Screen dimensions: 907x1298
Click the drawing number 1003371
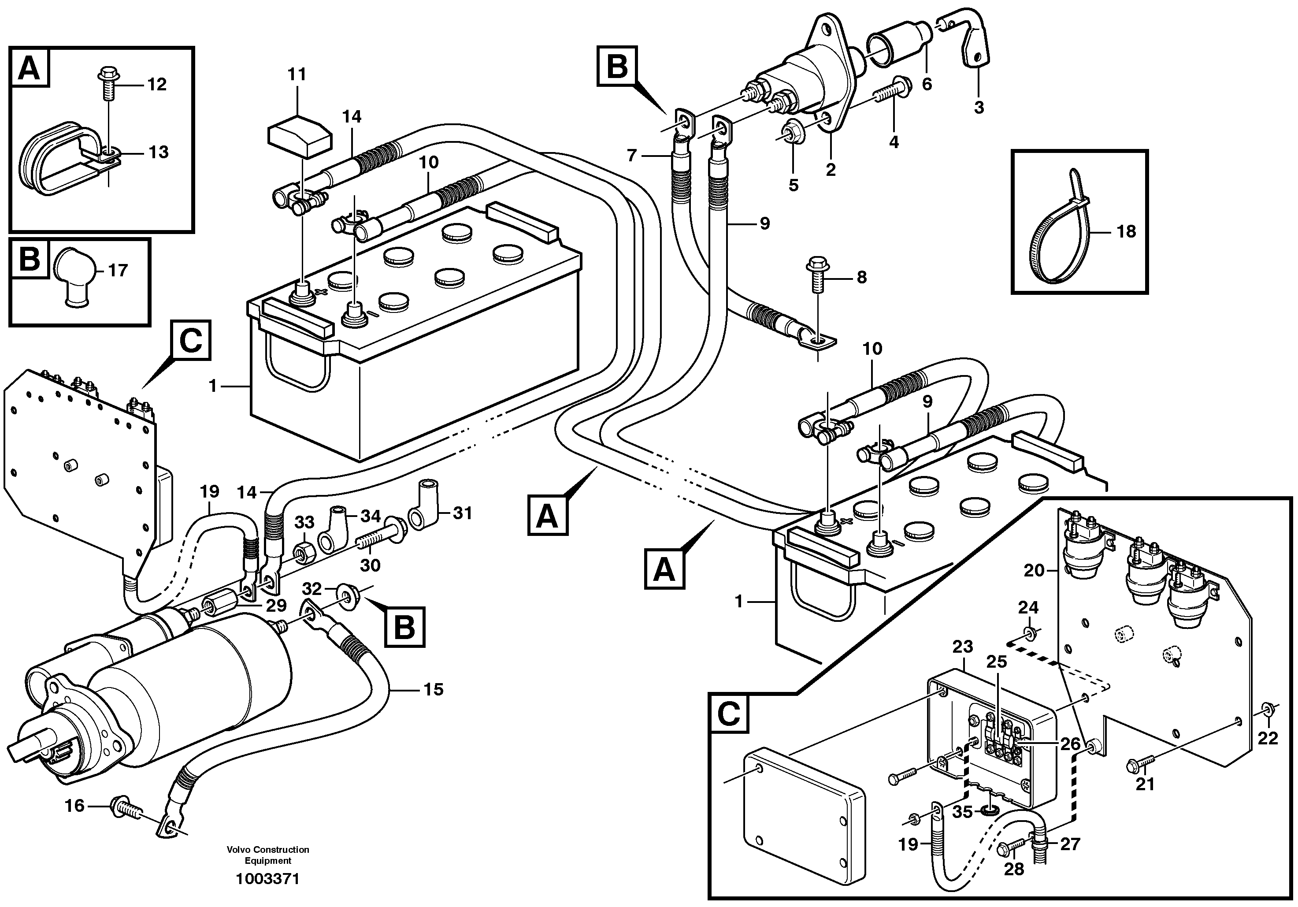(x=268, y=879)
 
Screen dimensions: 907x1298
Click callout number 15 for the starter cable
(x=434, y=689)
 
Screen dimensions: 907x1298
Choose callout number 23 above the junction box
(x=963, y=646)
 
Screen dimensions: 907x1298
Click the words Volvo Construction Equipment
(x=268, y=855)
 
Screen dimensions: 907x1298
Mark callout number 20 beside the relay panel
(x=1034, y=571)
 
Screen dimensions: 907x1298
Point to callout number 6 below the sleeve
(x=926, y=84)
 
